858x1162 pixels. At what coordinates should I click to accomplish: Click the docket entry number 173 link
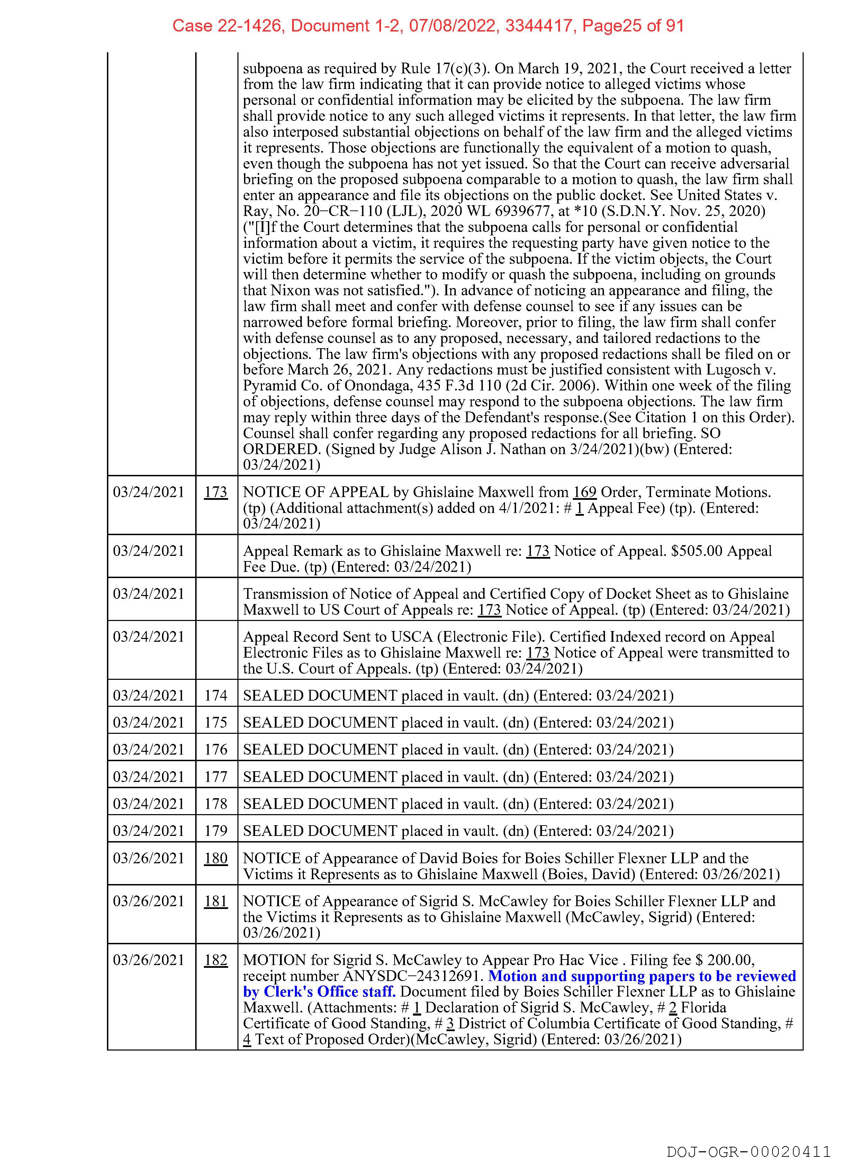pyautogui.click(x=216, y=492)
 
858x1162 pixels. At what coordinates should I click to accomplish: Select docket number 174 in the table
pyautogui.click(x=216, y=695)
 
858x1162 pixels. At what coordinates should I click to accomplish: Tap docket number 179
pyautogui.click(x=216, y=831)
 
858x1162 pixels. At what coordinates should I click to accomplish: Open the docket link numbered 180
pyautogui.click(x=216, y=858)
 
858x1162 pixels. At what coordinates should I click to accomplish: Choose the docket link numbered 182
pyautogui.click(x=216, y=960)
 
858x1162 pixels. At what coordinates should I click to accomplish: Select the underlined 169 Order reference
pyautogui.click(x=584, y=492)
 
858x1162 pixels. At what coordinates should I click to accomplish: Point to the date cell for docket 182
pyautogui.click(x=148, y=960)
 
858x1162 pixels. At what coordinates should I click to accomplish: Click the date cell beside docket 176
pyautogui.click(x=148, y=749)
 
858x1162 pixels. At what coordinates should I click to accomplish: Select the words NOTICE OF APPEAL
pyautogui.click(x=316, y=492)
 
